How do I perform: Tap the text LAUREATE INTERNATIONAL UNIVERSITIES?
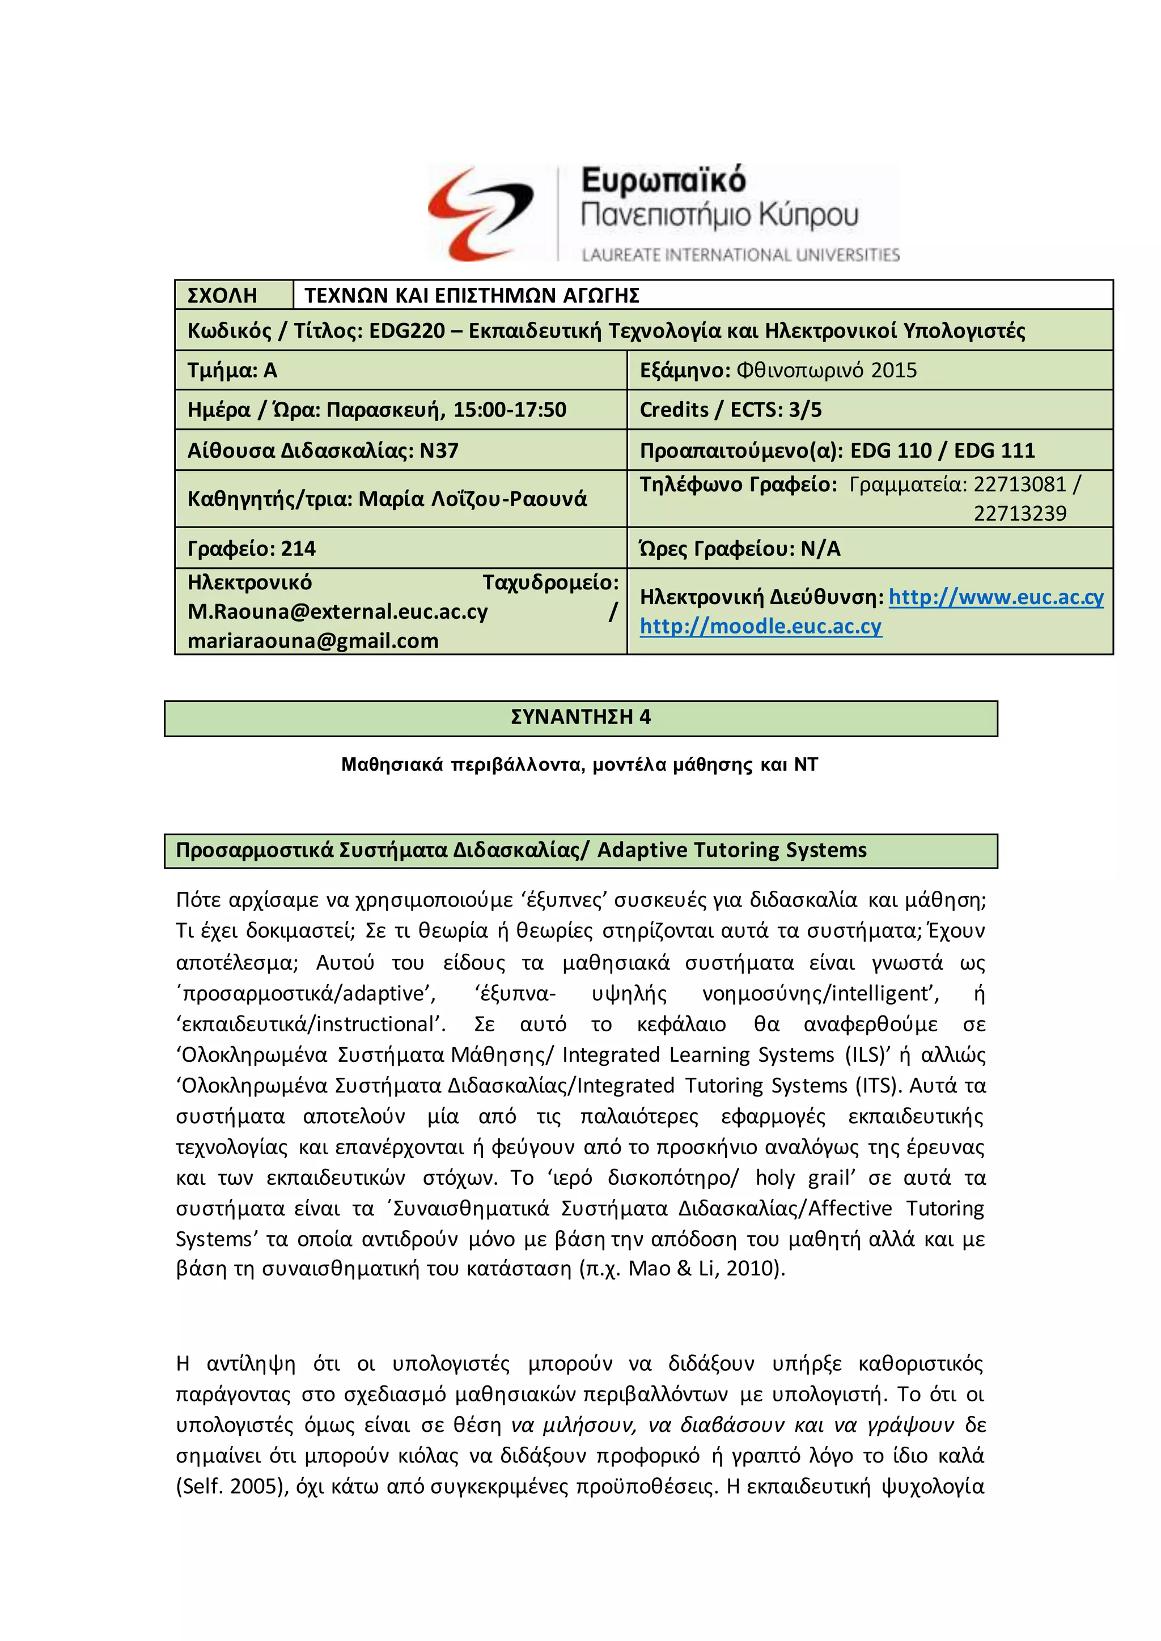tap(740, 255)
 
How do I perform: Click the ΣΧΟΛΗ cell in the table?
tap(222, 295)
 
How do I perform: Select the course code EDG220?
tap(406, 331)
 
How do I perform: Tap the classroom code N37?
tap(439, 451)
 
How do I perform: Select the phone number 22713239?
tap(1019, 513)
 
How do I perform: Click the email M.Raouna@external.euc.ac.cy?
tap(337, 612)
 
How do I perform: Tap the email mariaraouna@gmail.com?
tap(313, 641)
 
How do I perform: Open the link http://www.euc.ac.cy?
tap(996, 597)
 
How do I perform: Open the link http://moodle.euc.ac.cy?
tap(761, 626)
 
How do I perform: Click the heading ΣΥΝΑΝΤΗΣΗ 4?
tap(580, 717)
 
